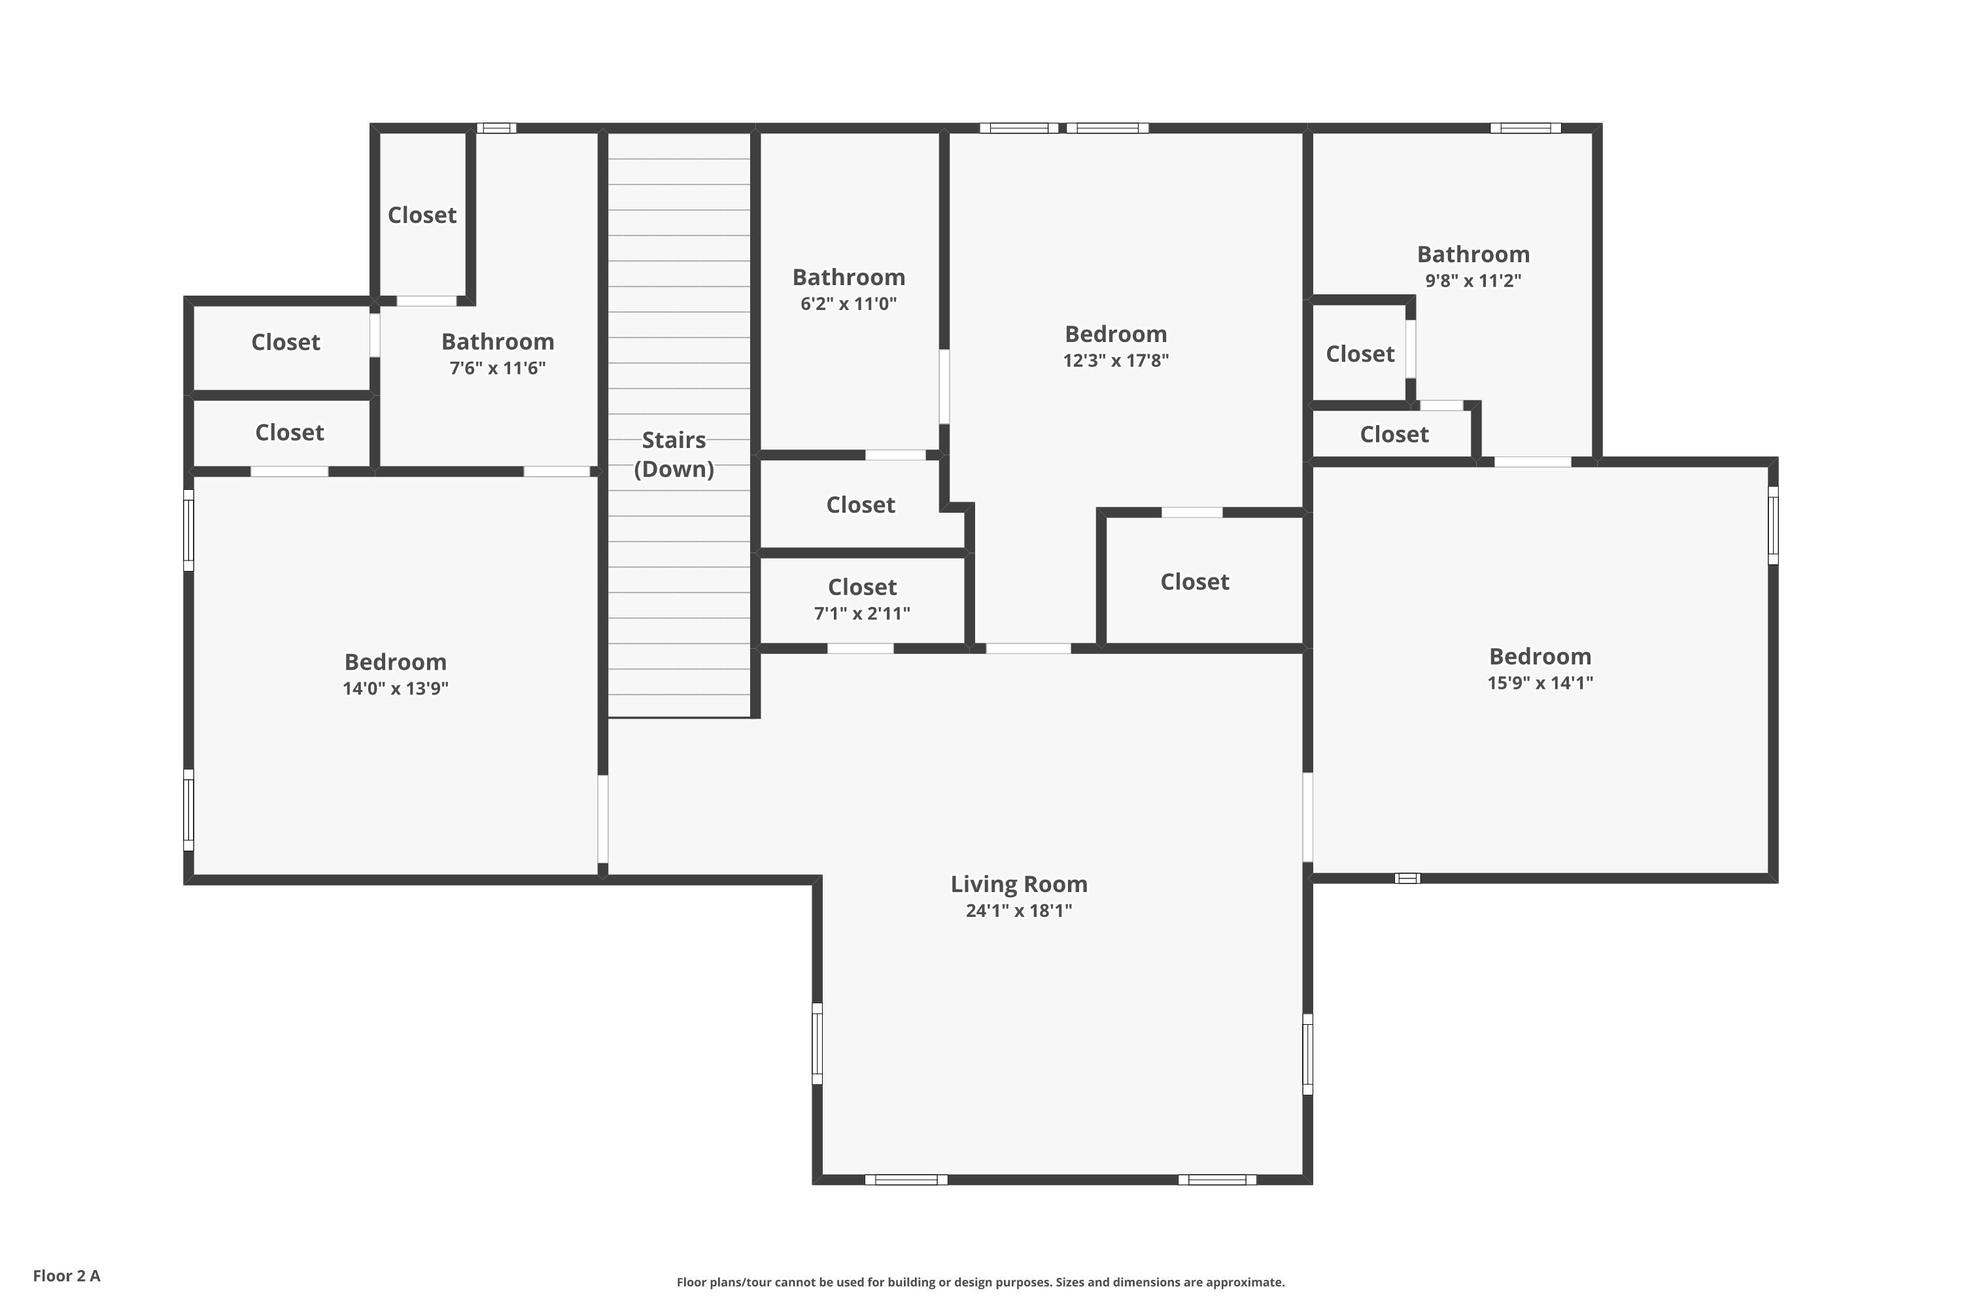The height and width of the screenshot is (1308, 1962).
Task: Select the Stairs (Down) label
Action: pos(674,454)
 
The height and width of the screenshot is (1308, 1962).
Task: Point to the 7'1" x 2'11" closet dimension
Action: pos(862,613)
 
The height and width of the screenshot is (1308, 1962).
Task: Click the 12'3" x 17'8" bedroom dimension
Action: pos(1116,360)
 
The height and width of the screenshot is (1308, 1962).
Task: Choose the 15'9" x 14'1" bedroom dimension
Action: pos(1540,682)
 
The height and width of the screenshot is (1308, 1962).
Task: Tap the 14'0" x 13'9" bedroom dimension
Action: pos(396,688)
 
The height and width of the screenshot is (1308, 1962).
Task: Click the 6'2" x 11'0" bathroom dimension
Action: pos(848,303)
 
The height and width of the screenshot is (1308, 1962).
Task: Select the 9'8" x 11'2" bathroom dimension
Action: pos(1473,281)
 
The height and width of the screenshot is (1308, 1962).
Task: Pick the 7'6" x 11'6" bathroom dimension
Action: pos(497,368)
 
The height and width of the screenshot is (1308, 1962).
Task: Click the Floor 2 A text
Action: pos(67,1275)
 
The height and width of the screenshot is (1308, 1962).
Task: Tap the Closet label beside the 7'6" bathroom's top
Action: pos(422,215)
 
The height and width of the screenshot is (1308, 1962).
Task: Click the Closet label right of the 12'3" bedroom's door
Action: pos(1195,581)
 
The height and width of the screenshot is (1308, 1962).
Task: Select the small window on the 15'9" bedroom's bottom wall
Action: pos(1407,878)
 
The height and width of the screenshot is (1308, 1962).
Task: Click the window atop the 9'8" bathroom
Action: pos(1526,128)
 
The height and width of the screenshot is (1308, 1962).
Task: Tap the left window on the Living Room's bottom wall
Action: pos(906,1180)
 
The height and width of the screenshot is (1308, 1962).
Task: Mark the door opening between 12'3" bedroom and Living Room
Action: pos(1029,648)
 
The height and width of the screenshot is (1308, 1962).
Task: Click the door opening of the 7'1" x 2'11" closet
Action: pos(860,648)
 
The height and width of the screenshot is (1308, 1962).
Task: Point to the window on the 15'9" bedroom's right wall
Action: pos(1774,526)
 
